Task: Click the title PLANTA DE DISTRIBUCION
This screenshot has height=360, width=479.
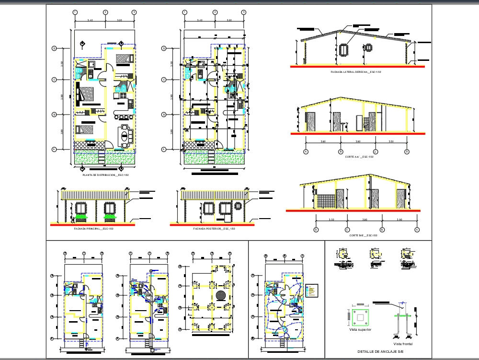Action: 105,175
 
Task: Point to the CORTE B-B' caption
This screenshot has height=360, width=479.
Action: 363,235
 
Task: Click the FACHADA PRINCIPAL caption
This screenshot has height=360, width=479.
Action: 93,229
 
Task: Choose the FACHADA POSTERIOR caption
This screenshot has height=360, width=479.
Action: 214,229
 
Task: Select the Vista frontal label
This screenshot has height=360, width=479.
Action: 403,344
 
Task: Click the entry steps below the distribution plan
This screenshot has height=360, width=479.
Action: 102,156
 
